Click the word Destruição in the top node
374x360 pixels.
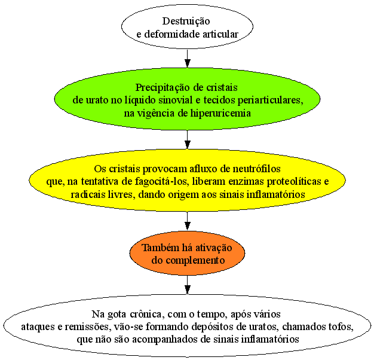click(186, 22)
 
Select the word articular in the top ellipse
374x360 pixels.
click(220, 34)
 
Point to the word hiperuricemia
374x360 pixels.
click(220, 113)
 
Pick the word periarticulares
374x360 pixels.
click(271, 100)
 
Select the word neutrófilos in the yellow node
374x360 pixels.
click(256, 169)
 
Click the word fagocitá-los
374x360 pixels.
click(161, 182)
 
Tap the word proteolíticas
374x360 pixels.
click(293, 182)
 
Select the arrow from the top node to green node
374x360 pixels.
click(188, 59)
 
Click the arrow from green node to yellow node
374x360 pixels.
click(188, 140)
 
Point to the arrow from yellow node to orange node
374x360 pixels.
click(188, 221)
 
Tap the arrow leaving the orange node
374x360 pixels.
click(188, 285)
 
